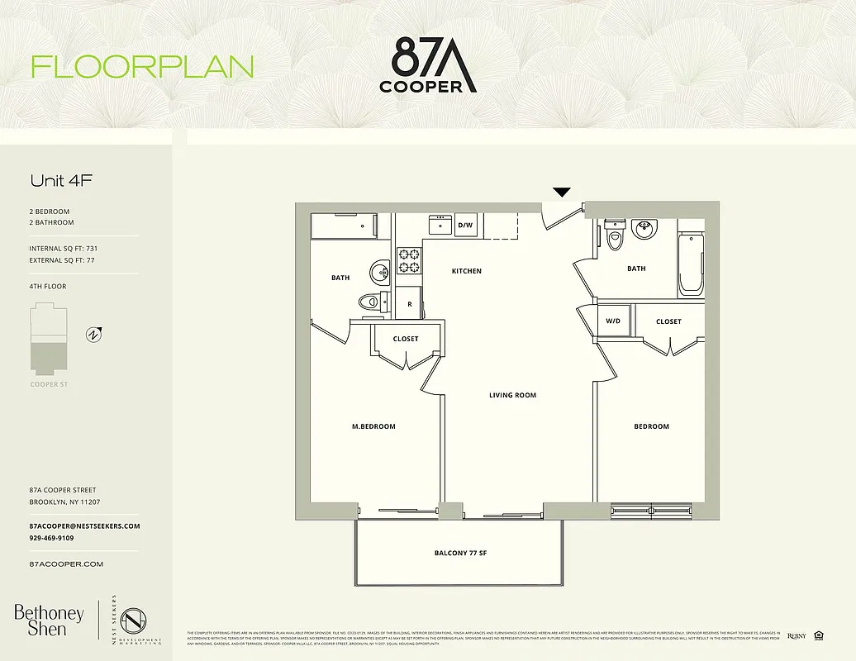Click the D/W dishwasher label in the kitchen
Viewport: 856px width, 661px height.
[465, 225]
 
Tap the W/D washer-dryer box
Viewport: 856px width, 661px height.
[613, 321]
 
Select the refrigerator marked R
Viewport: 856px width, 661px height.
[410, 304]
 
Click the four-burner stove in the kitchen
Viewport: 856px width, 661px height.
[409, 260]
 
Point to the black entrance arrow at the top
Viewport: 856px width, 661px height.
[562, 193]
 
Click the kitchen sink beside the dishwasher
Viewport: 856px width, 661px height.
[439, 225]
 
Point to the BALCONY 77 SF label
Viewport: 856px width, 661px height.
[460, 553]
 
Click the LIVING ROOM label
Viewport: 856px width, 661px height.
[512, 395]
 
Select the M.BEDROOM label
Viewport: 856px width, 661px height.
[373, 426]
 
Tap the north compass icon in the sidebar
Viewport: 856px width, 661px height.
[95, 335]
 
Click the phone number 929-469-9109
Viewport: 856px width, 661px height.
[51, 538]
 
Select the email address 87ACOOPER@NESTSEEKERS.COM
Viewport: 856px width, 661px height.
[84, 526]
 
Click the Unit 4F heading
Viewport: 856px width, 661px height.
[55, 180]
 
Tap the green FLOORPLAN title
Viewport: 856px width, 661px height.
[142, 67]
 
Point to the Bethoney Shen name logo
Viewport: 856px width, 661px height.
[49, 620]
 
